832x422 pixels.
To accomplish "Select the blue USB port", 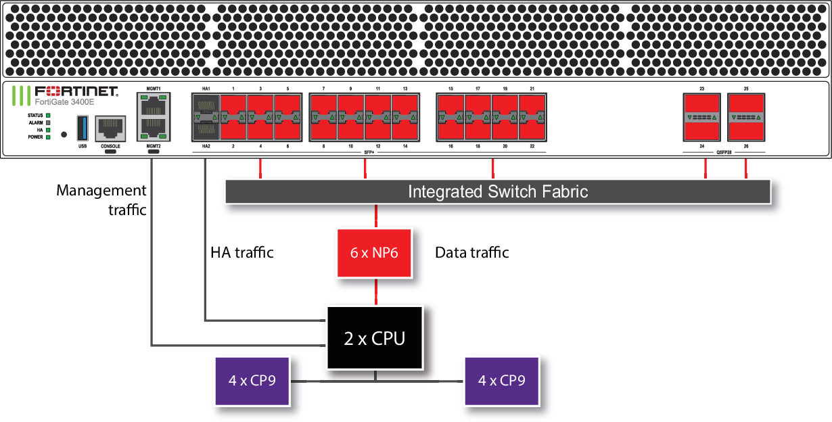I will [x=83, y=127].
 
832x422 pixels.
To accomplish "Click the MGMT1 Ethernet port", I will [x=154, y=105].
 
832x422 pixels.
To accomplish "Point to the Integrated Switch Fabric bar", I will [x=497, y=191].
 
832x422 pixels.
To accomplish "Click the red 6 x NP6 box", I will [x=374, y=252].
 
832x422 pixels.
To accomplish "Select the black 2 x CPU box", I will [x=374, y=337].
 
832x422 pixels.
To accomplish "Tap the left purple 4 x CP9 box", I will [x=253, y=381].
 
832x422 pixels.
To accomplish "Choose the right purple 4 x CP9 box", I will [x=502, y=381].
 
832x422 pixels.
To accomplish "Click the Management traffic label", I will [x=101, y=200].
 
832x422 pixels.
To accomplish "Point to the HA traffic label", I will [x=242, y=252].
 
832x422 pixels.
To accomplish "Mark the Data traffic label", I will [x=471, y=252].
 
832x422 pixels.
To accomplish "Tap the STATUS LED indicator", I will [x=48, y=116].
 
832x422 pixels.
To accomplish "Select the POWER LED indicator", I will [x=48, y=137].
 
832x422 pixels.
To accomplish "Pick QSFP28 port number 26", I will [x=746, y=128].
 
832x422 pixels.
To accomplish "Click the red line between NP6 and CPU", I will [x=375, y=291].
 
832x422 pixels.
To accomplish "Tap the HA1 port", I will [x=206, y=106].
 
